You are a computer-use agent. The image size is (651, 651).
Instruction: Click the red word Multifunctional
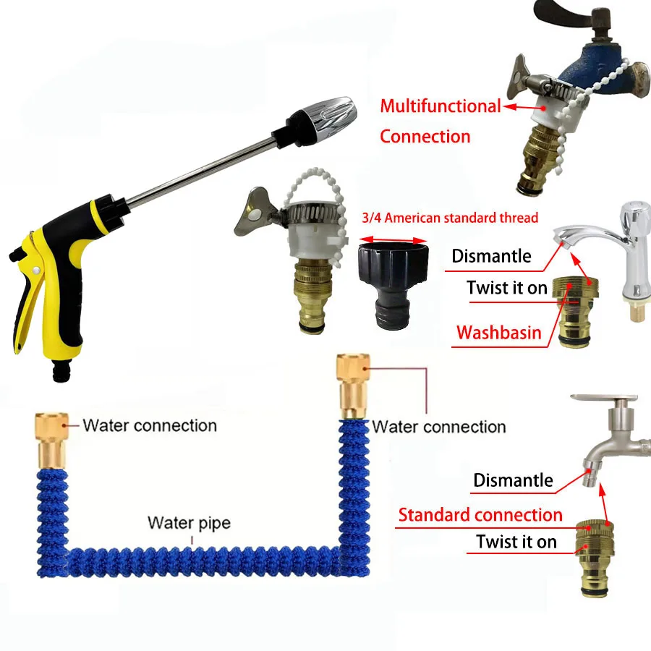pyautogui.click(x=440, y=106)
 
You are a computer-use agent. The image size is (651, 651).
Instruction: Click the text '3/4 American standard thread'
pyautogui.click(x=448, y=217)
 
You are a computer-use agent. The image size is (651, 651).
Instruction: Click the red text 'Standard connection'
pyautogui.click(x=480, y=515)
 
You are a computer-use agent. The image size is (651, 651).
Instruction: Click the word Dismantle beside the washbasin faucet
pyautogui.click(x=491, y=255)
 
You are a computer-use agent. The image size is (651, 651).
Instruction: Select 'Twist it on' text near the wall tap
pyautogui.click(x=516, y=541)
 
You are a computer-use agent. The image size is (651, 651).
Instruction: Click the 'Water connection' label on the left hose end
pyautogui.click(x=150, y=425)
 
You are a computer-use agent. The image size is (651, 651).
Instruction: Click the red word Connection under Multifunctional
pyautogui.click(x=425, y=136)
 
